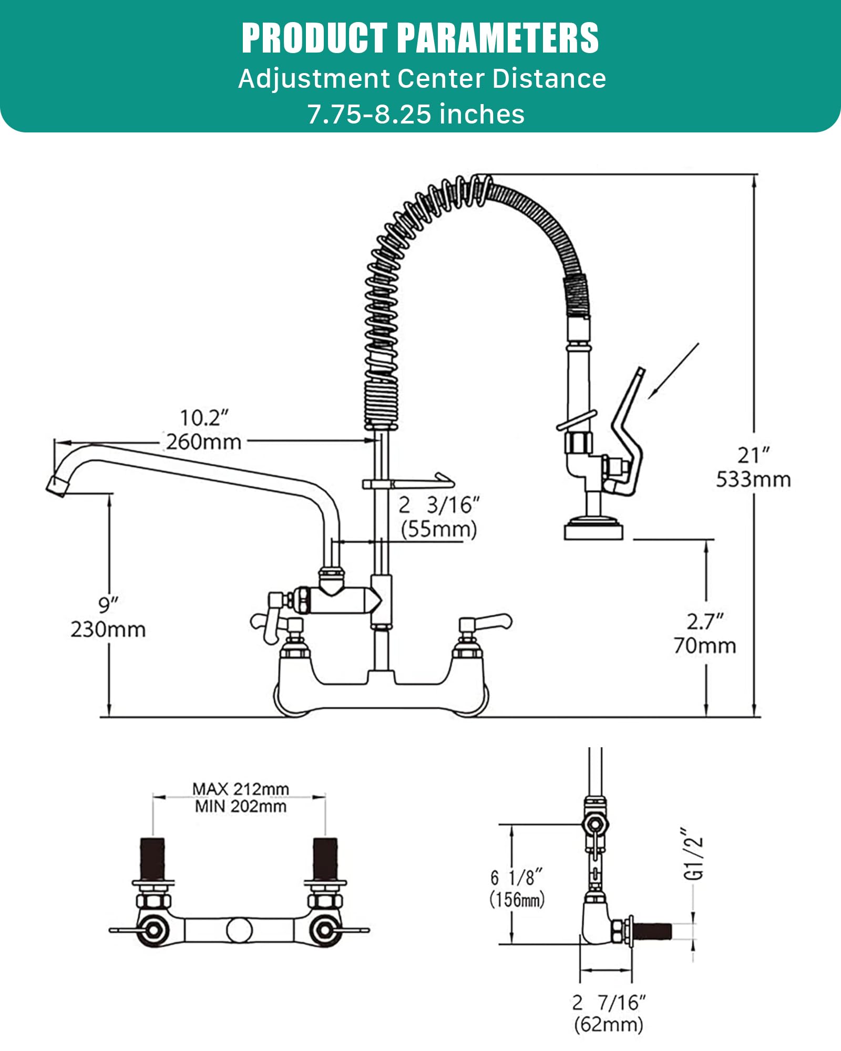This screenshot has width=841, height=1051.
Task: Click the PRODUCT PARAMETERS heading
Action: (x=420, y=38)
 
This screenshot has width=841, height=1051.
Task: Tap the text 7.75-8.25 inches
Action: (x=416, y=114)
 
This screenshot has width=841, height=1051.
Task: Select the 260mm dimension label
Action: (x=204, y=442)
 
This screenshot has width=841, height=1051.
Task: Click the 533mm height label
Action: (x=753, y=479)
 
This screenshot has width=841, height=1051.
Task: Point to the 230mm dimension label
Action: (x=108, y=629)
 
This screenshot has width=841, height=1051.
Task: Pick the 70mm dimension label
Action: (x=705, y=645)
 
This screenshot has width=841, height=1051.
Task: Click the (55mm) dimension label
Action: (x=439, y=529)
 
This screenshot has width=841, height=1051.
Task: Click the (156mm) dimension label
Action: (x=517, y=899)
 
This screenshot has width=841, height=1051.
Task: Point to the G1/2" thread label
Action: (x=694, y=854)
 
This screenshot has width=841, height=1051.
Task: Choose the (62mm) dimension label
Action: (x=609, y=1024)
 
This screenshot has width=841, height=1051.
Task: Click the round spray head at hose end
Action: (x=593, y=529)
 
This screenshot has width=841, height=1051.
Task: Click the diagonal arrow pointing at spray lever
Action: (x=674, y=371)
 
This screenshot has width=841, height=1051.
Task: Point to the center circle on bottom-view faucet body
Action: (x=239, y=930)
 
